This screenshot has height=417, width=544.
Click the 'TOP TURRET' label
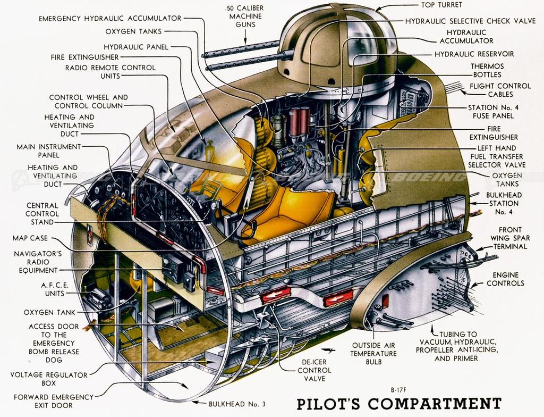tap(441, 5)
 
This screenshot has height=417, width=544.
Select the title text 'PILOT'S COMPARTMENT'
tap(398, 403)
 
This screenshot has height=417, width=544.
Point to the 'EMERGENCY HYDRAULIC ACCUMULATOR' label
tap(110, 19)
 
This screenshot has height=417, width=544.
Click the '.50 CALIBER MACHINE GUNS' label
tap(245, 16)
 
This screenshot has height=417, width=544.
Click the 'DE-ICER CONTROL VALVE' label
tap(314, 370)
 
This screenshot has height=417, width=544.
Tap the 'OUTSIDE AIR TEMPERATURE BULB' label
tap(373, 354)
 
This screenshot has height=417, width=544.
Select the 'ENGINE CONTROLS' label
tap(505, 279)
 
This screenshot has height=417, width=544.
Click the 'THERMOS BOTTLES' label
tap(487, 70)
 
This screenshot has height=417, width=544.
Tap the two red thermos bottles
tap(299, 121)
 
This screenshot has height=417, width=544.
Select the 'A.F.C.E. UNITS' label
tap(53, 289)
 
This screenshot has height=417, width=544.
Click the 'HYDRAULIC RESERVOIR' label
tap(474, 54)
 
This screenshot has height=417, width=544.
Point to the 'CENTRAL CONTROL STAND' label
tap(42, 214)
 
